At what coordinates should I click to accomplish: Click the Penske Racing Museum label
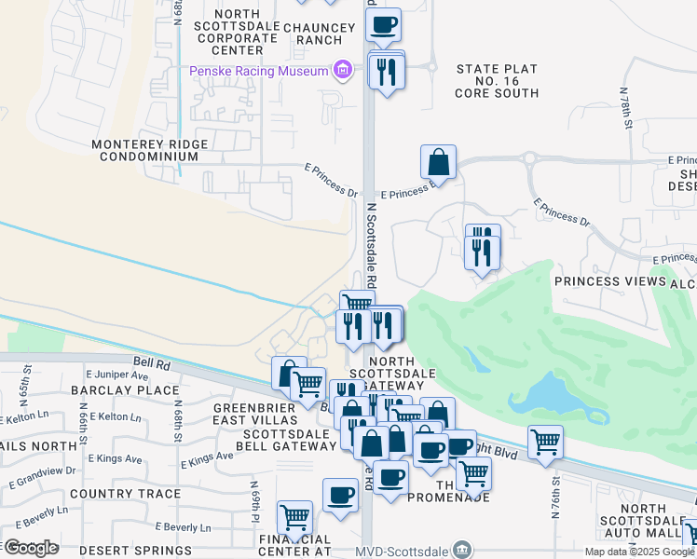pyautogui.click(x=258, y=71)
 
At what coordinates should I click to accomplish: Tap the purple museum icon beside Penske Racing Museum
pyautogui.click(x=342, y=70)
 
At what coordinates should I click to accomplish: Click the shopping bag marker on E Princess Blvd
pyautogui.click(x=438, y=162)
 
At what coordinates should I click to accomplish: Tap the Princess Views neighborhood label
pyautogui.click(x=610, y=280)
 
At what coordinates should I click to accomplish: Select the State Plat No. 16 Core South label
pyautogui.click(x=497, y=81)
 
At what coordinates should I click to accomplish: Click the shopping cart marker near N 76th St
pyautogui.click(x=545, y=443)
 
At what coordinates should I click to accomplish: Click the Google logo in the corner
pyautogui.click(x=31, y=547)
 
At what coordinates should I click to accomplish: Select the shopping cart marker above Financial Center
pyautogui.click(x=294, y=517)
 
